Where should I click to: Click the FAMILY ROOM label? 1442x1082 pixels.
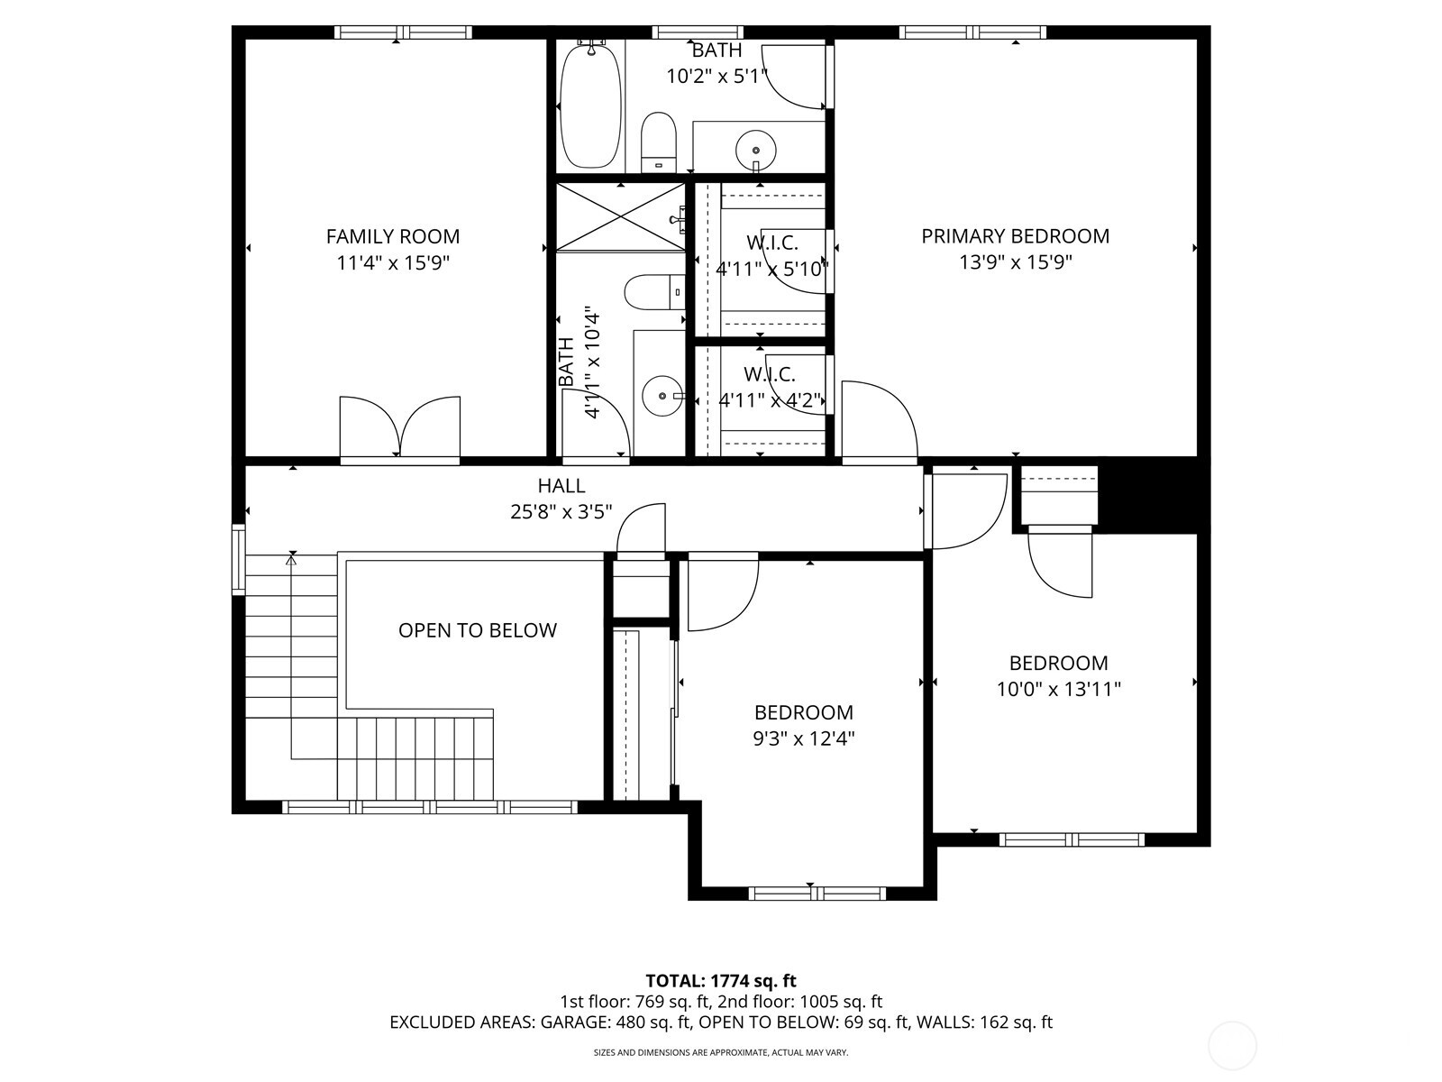click(392, 236)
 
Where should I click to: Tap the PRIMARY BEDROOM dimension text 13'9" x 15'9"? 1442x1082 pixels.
click(1015, 262)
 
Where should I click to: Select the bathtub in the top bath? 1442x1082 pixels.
click(590, 105)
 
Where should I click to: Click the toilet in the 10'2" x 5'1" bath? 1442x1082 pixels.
click(659, 142)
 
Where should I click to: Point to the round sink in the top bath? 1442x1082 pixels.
click(755, 148)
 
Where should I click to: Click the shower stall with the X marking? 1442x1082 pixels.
click(620, 216)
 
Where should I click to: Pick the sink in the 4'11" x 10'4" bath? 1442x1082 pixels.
click(663, 395)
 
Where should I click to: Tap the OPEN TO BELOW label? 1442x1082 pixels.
click(477, 630)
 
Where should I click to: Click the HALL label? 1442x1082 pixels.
click(561, 486)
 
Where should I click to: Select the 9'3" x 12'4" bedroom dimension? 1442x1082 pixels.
click(804, 739)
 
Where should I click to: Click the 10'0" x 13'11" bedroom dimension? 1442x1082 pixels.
click(1058, 690)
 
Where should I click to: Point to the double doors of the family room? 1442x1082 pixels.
click(399, 428)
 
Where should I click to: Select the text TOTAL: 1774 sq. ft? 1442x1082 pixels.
click(720, 981)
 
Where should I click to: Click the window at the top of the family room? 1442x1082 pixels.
click(403, 32)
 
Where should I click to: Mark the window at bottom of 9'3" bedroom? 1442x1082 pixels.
click(817, 894)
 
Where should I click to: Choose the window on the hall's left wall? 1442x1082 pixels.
click(238, 560)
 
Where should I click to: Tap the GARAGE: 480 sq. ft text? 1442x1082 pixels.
click(615, 1022)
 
